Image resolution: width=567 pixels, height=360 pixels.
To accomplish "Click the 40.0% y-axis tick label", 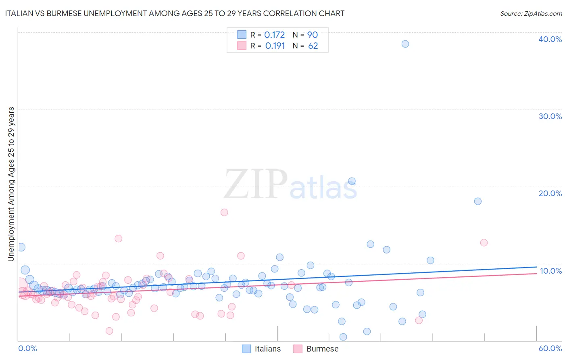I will [550, 39].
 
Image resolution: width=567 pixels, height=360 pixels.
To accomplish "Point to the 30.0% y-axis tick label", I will [550, 116].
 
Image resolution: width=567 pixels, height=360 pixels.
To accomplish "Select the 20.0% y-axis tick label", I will [550, 193].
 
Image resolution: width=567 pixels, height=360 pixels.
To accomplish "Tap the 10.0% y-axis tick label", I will [550, 271].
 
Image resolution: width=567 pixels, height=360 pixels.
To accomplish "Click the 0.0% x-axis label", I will [27, 348].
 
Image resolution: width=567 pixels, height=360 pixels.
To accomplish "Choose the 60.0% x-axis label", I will [550, 348].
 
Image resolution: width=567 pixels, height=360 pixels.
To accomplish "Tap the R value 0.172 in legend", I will [274, 35].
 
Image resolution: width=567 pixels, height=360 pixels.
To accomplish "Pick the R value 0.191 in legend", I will [275, 46].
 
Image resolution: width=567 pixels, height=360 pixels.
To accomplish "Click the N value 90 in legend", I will [313, 35].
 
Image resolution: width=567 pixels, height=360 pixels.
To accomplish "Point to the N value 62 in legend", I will [313, 46].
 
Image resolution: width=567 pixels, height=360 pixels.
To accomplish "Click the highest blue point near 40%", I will [405, 44].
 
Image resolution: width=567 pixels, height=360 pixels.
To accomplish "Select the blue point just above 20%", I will [352, 181].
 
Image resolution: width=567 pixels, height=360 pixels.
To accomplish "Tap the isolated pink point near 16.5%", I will [224, 212].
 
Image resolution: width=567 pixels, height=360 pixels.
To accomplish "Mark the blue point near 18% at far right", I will [478, 201].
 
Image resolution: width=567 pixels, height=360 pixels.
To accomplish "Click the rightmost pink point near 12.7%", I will [484, 243].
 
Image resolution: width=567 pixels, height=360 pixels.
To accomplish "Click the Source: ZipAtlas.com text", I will [531, 14].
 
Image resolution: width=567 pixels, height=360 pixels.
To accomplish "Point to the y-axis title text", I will [11, 184].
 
